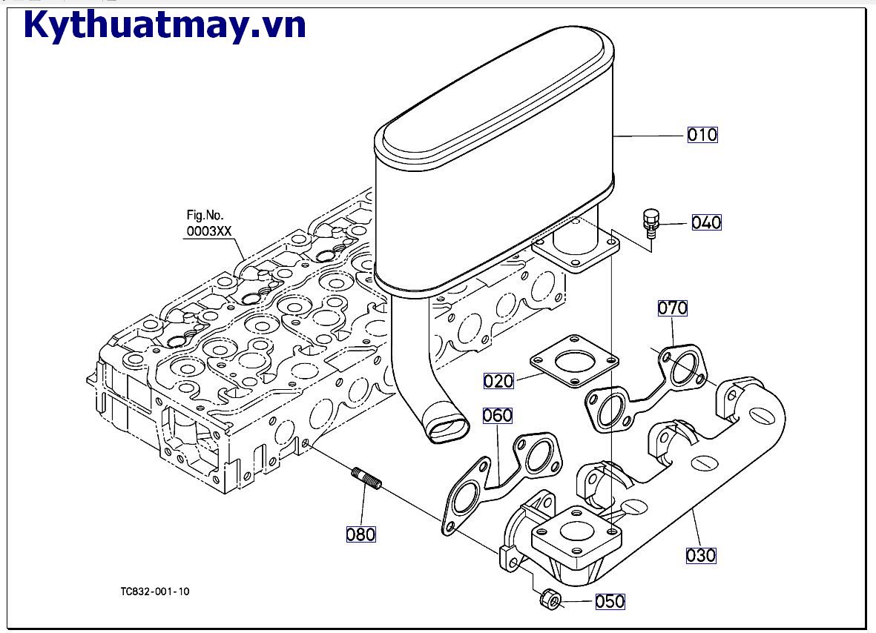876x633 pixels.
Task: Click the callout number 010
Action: [702, 135]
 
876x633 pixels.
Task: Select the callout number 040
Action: [706, 222]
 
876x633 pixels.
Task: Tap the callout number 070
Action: [673, 308]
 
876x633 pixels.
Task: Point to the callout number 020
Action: [498, 381]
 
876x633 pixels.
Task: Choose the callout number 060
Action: [498, 415]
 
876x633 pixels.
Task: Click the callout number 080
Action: [361, 534]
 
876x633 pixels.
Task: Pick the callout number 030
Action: [700, 555]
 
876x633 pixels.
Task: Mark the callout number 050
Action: [610, 601]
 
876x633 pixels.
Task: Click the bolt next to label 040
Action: [651, 222]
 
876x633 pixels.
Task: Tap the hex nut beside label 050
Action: [550, 597]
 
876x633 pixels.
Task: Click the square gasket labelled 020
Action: [574, 365]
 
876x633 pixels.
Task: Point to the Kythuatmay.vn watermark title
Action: [165, 25]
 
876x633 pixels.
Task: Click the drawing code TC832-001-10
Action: [155, 591]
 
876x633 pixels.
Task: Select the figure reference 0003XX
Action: [209, 231]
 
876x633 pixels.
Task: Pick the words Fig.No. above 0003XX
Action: [204, 216]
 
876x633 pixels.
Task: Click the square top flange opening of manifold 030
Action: [576, 531]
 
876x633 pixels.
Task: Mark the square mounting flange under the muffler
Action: [576, 252]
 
